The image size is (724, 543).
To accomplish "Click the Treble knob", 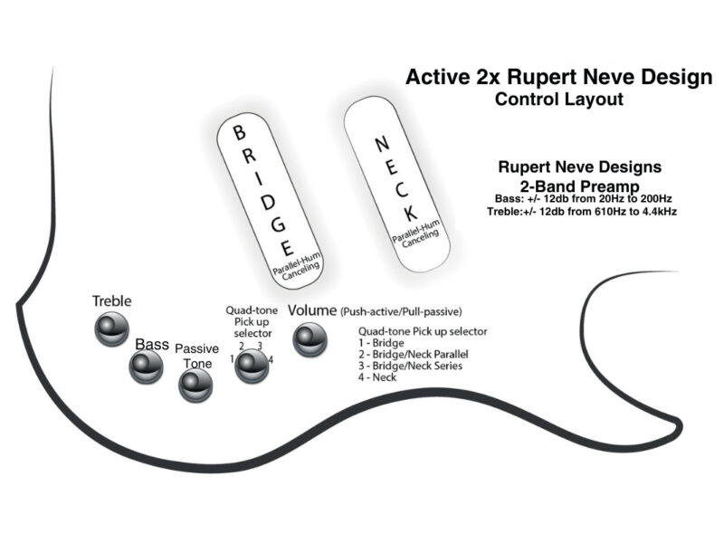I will click(112, 328).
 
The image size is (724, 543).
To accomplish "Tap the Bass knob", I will click(145, 366).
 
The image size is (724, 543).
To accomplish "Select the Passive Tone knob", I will click(195, 386).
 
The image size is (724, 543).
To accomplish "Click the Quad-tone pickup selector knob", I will click(252, 365).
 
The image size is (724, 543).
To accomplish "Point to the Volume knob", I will click(308, 339).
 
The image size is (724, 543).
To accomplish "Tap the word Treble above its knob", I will click(111, 300).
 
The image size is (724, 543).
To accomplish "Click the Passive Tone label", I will click(196, 356).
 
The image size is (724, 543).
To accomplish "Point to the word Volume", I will click(312, 310).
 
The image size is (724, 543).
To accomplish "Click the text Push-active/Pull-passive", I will click(401, 312).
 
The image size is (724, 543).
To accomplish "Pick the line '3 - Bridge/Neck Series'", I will click(411, 366).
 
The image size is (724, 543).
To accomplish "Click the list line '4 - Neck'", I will click(377, 377).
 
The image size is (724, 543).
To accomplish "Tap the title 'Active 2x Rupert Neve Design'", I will click(558, 77).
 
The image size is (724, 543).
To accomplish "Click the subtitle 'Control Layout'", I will click(558, 99).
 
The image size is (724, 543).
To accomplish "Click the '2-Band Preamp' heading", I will click(580, 185).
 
